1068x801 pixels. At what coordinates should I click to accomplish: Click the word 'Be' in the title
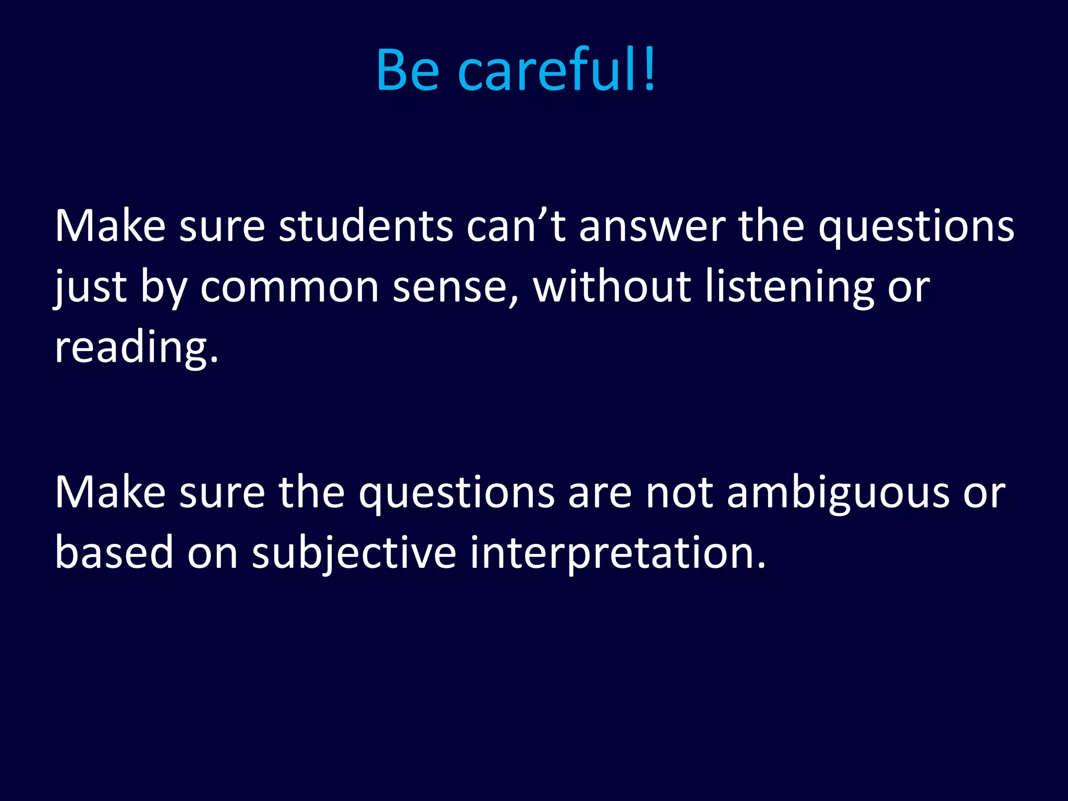pyautogui.click(x=408, y=70)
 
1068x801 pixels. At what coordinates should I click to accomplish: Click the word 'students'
pyautogui.click(x=366, y=227)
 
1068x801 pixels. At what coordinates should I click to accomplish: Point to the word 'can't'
pyautogui.click(x=516, y=227)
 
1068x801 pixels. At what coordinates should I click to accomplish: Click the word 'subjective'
pyautogui.click(x=354, y=553)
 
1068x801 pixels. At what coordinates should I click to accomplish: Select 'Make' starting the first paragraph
pyautogui.click(x=110, y=227)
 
